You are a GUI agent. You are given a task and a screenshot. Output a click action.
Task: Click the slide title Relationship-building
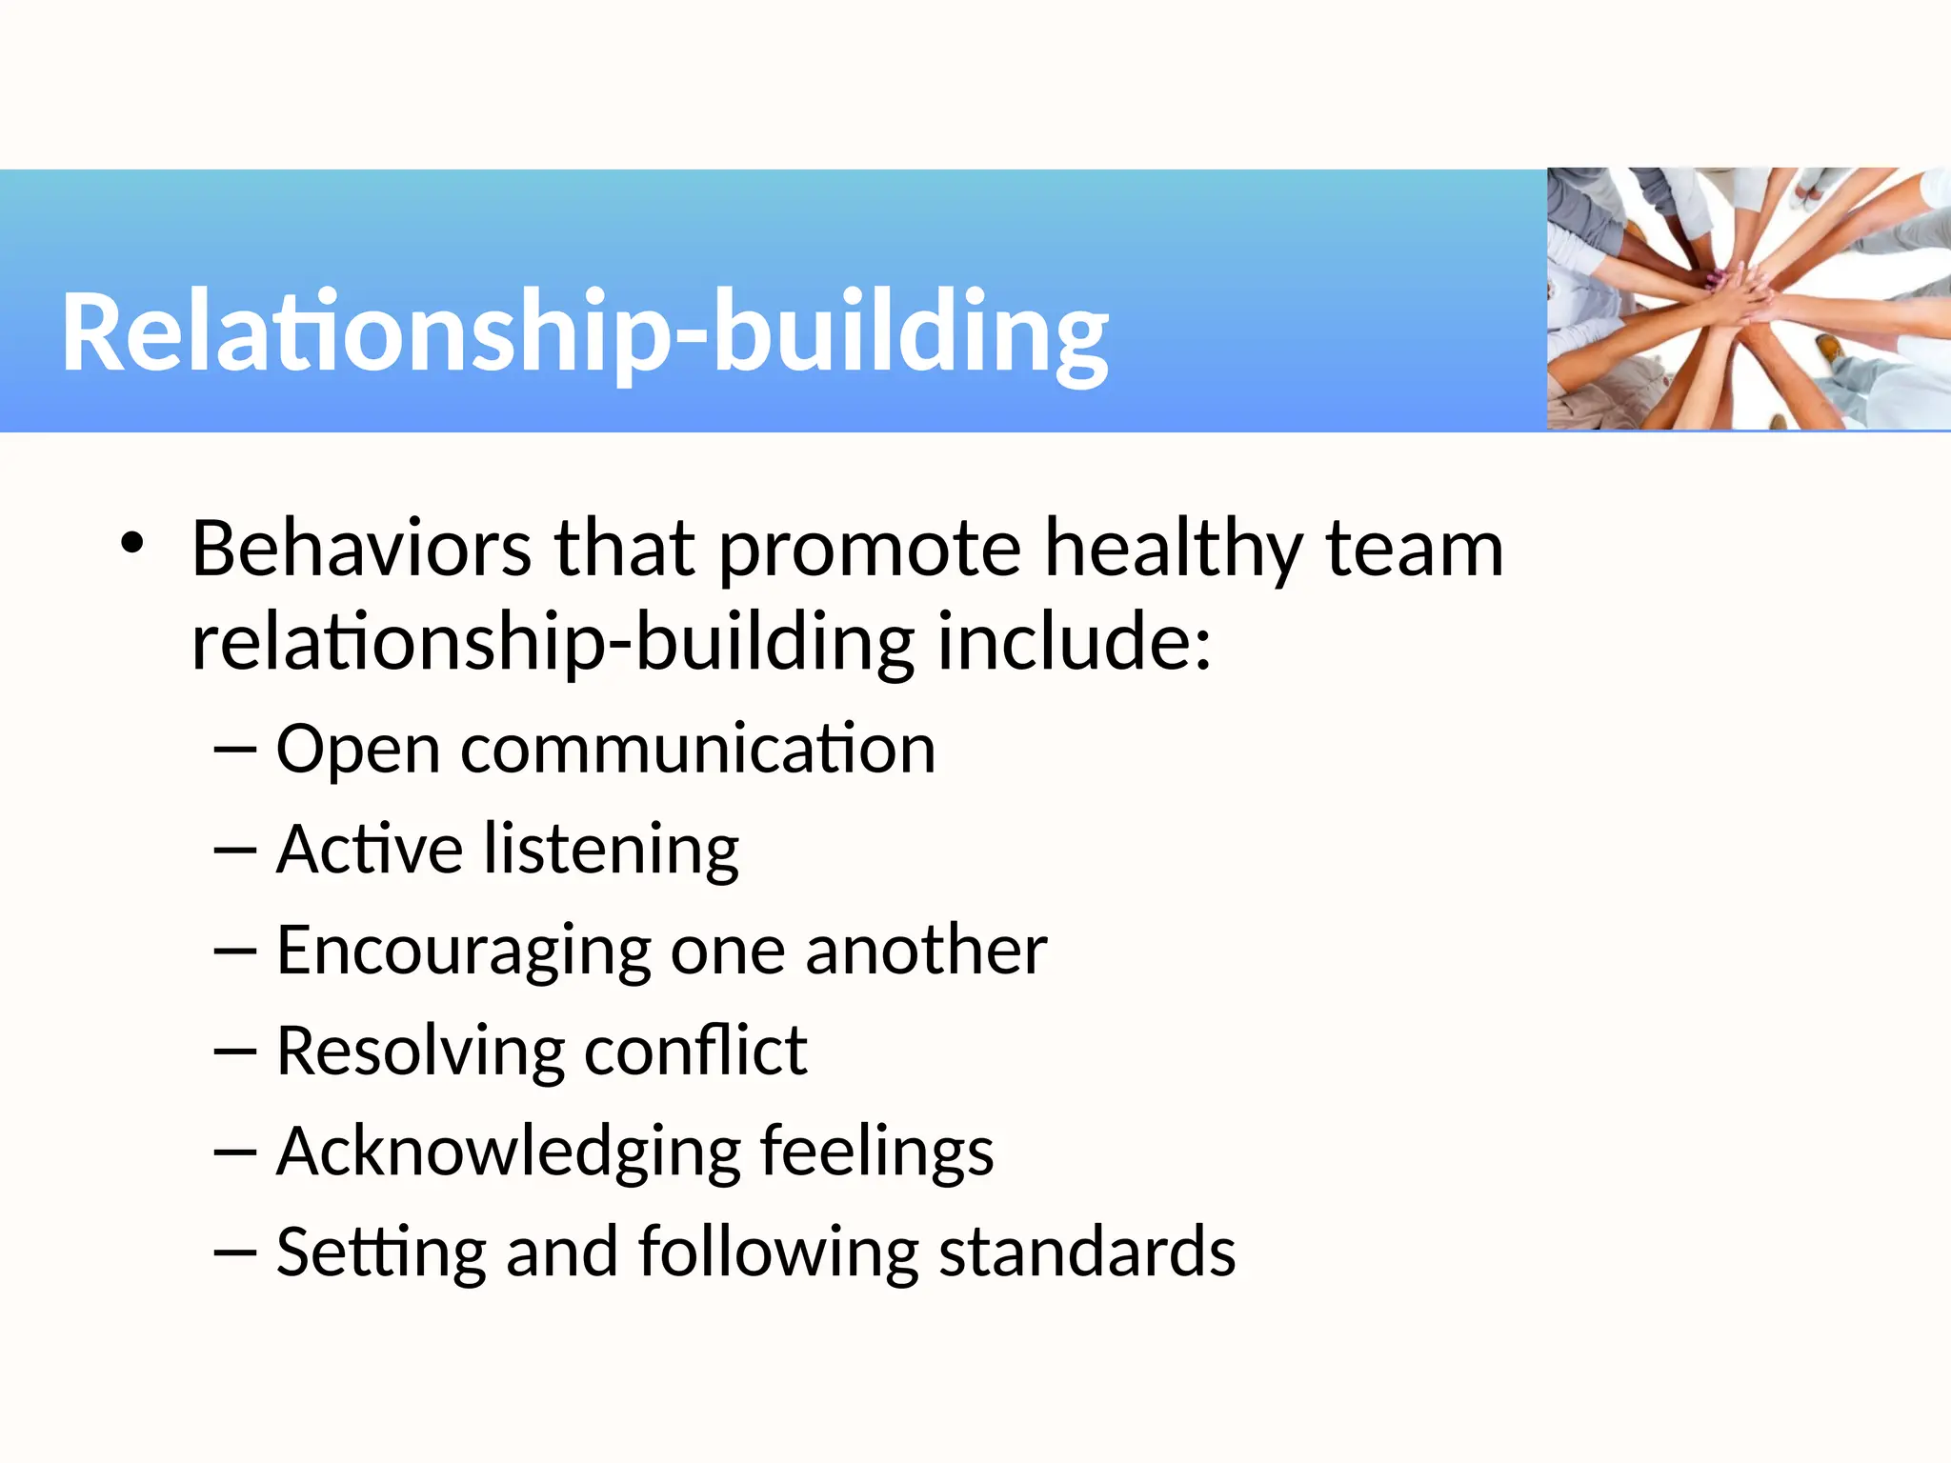tap(585, 331)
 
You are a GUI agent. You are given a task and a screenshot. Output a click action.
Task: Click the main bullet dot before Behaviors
tap(132, 545)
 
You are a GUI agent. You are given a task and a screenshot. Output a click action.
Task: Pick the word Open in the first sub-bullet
tap(357, 750)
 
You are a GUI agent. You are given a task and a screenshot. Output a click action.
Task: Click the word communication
tap(698, 750)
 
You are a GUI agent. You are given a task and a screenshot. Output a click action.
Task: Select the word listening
tap(611, 851)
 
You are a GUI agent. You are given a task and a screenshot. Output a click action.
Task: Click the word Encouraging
tap(463, 952)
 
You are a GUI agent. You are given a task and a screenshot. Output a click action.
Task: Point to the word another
tap(926, 950)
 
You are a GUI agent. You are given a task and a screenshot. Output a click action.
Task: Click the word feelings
tap(876, 1152)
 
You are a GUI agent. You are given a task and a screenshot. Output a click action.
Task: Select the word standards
tap(1087, 1252)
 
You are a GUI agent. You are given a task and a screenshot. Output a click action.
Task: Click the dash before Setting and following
tap(235, 1252)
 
